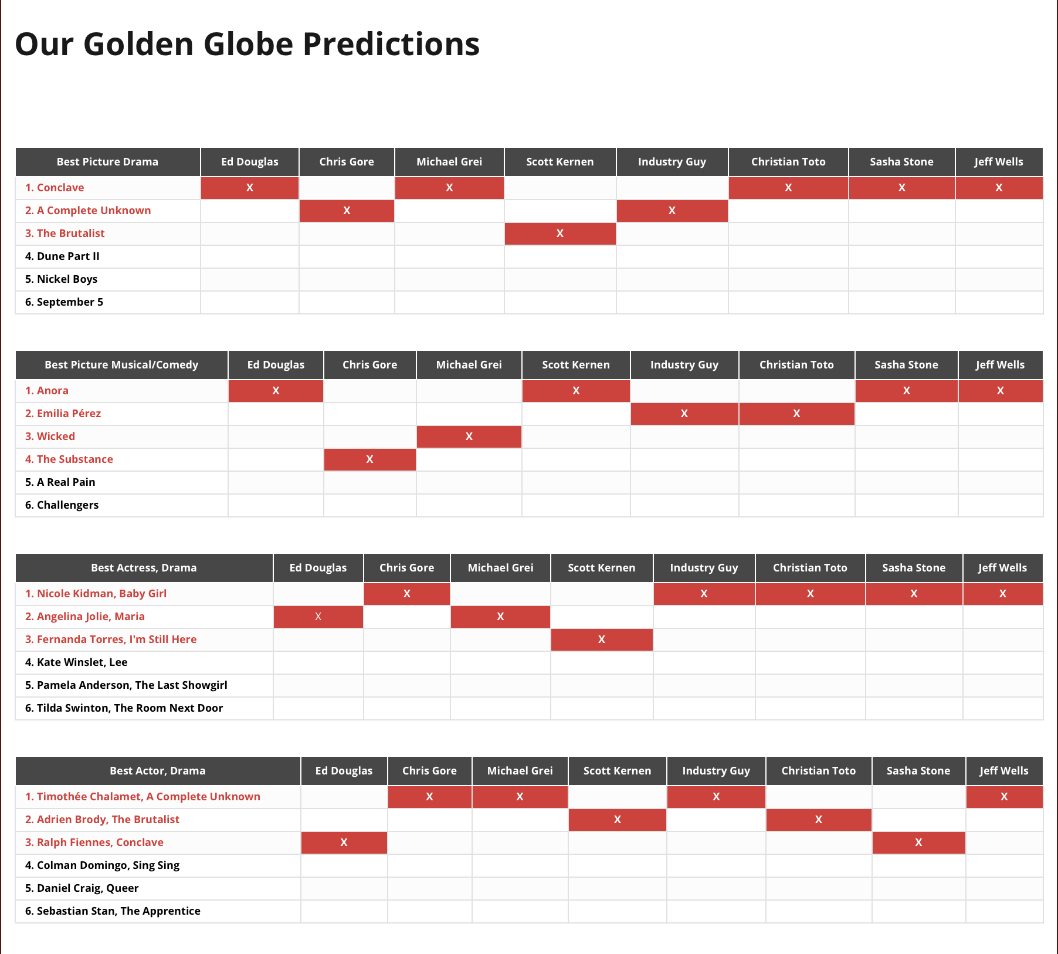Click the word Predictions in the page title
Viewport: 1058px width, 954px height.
391,45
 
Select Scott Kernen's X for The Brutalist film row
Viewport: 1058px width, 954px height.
560,234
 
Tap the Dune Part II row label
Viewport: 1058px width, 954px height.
62,256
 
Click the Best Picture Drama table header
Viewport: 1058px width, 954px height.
107,162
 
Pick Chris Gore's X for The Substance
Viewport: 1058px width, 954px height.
369,459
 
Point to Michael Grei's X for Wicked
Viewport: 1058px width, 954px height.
469,437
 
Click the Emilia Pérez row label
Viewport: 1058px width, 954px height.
63,414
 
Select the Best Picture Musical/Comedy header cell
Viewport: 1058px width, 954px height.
121,365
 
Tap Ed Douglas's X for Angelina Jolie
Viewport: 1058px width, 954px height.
318,617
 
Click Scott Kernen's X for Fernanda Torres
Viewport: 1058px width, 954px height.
602,640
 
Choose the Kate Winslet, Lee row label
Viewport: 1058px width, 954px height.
76,662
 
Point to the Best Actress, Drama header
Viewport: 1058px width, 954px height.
144,568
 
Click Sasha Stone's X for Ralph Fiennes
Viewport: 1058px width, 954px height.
918,843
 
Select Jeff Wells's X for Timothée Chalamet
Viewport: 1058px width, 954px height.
1004,797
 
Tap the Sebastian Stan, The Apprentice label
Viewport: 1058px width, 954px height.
113,911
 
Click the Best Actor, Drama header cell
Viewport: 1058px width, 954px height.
158,771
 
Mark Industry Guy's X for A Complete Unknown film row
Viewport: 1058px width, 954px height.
672,211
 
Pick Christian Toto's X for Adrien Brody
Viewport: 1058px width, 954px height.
819,820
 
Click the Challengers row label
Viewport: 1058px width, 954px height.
62,505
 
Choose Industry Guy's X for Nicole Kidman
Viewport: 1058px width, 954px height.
704,594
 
